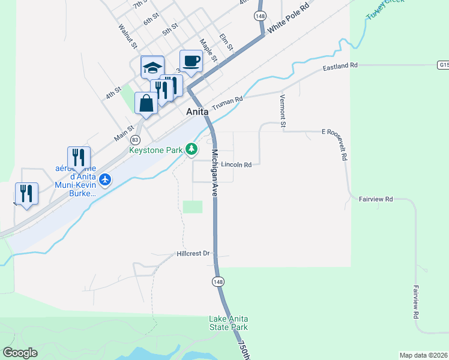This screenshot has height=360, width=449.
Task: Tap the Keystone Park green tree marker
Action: pos(191,148)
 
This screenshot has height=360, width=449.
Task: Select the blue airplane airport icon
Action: pos(106,179)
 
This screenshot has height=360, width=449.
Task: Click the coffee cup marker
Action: pos(191,62)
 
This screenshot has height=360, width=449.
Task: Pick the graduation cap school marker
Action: pos(152,67)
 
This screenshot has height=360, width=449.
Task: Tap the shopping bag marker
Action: pos(146,103)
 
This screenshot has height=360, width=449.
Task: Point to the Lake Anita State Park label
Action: pos(228,323)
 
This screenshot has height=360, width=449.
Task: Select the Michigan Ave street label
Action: pos(214,174)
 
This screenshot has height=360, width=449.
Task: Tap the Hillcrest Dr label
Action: pos(193,254)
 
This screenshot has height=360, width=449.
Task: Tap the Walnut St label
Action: pos(128,36)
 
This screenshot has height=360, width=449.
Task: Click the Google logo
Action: pos(20,353)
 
